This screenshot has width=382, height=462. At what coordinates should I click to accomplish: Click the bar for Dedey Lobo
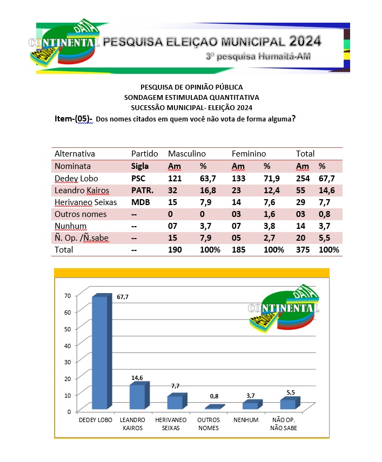point(99,354)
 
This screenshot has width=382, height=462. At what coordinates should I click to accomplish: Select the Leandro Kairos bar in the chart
point(137,397)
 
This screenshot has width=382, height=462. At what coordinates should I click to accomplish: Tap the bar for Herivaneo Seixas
point(175,403)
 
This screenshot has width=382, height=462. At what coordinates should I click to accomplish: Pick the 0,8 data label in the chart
point(215,397)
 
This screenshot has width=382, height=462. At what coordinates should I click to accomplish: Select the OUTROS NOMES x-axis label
point(209,424)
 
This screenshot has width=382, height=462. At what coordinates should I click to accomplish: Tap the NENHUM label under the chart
point(246,420)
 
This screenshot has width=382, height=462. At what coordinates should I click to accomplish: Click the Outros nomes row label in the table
point(81,214)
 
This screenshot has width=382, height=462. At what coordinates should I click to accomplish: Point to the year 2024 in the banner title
point(305,41)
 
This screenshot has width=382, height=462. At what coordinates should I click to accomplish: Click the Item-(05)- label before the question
point(73,119)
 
